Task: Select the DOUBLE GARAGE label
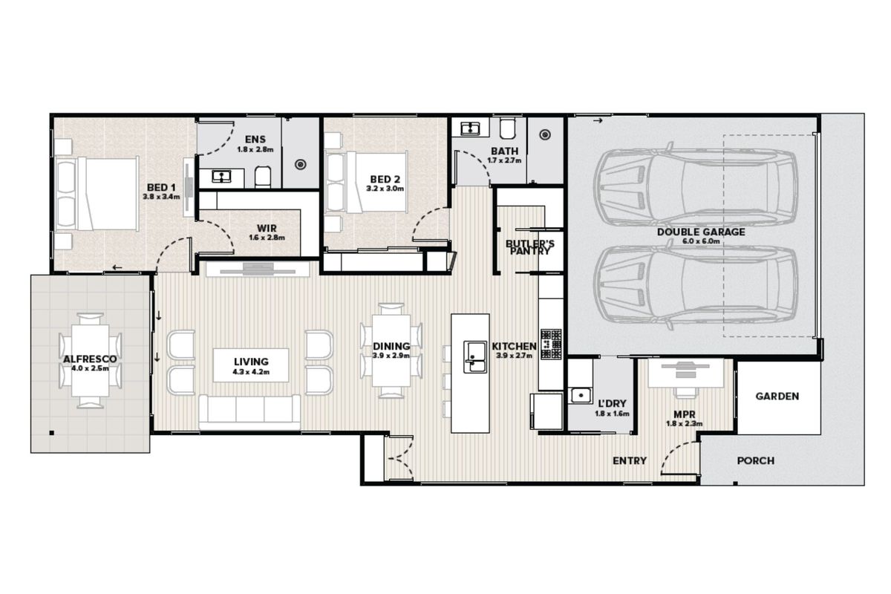(x=700, y=232)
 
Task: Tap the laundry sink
(x=578, y=394)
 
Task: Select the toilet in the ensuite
(x=264, y=176)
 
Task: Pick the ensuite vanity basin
(x=222, y=176)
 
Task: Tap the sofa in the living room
(x=249, y=411)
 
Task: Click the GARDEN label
(x=777, y=396)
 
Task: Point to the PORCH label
(x=755, y=461)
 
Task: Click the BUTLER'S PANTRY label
(x=529, y=247)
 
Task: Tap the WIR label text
(x=267, y=228)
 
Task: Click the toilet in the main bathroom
(x=508, y=130)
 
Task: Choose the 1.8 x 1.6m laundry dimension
(x=613, y=414)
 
